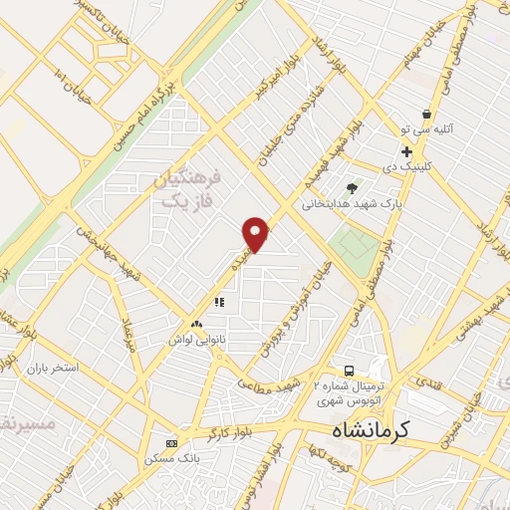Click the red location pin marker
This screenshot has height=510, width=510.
tap(256, 233)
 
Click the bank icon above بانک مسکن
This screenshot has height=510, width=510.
tap(171, 442)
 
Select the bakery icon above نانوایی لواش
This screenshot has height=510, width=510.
tap(195, 324)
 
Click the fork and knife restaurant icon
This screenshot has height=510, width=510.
tap(218, 301)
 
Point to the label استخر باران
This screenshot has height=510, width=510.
tap(52, 369)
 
